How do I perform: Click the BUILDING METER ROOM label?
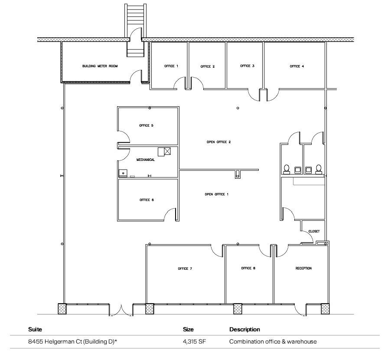point(100,66)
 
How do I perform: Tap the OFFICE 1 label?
point(171,66)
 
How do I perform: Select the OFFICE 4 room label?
point(297,66)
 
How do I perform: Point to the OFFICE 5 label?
point(146,125)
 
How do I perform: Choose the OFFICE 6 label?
point(147,200)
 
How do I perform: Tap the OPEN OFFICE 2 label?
point(218,142)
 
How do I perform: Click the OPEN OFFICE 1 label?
point(216,194)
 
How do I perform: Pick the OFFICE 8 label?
point(248,268)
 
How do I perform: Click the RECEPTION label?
point(303,268)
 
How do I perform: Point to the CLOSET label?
point(314,232)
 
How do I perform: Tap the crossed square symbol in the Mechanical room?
point(167,151)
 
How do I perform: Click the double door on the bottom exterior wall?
point(121,310)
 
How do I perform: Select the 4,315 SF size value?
point(194,342)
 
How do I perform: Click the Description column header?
point(244,330)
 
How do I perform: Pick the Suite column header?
point(35,330)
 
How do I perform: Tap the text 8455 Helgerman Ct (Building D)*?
point(73,342)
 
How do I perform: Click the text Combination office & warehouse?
point(273,342)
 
